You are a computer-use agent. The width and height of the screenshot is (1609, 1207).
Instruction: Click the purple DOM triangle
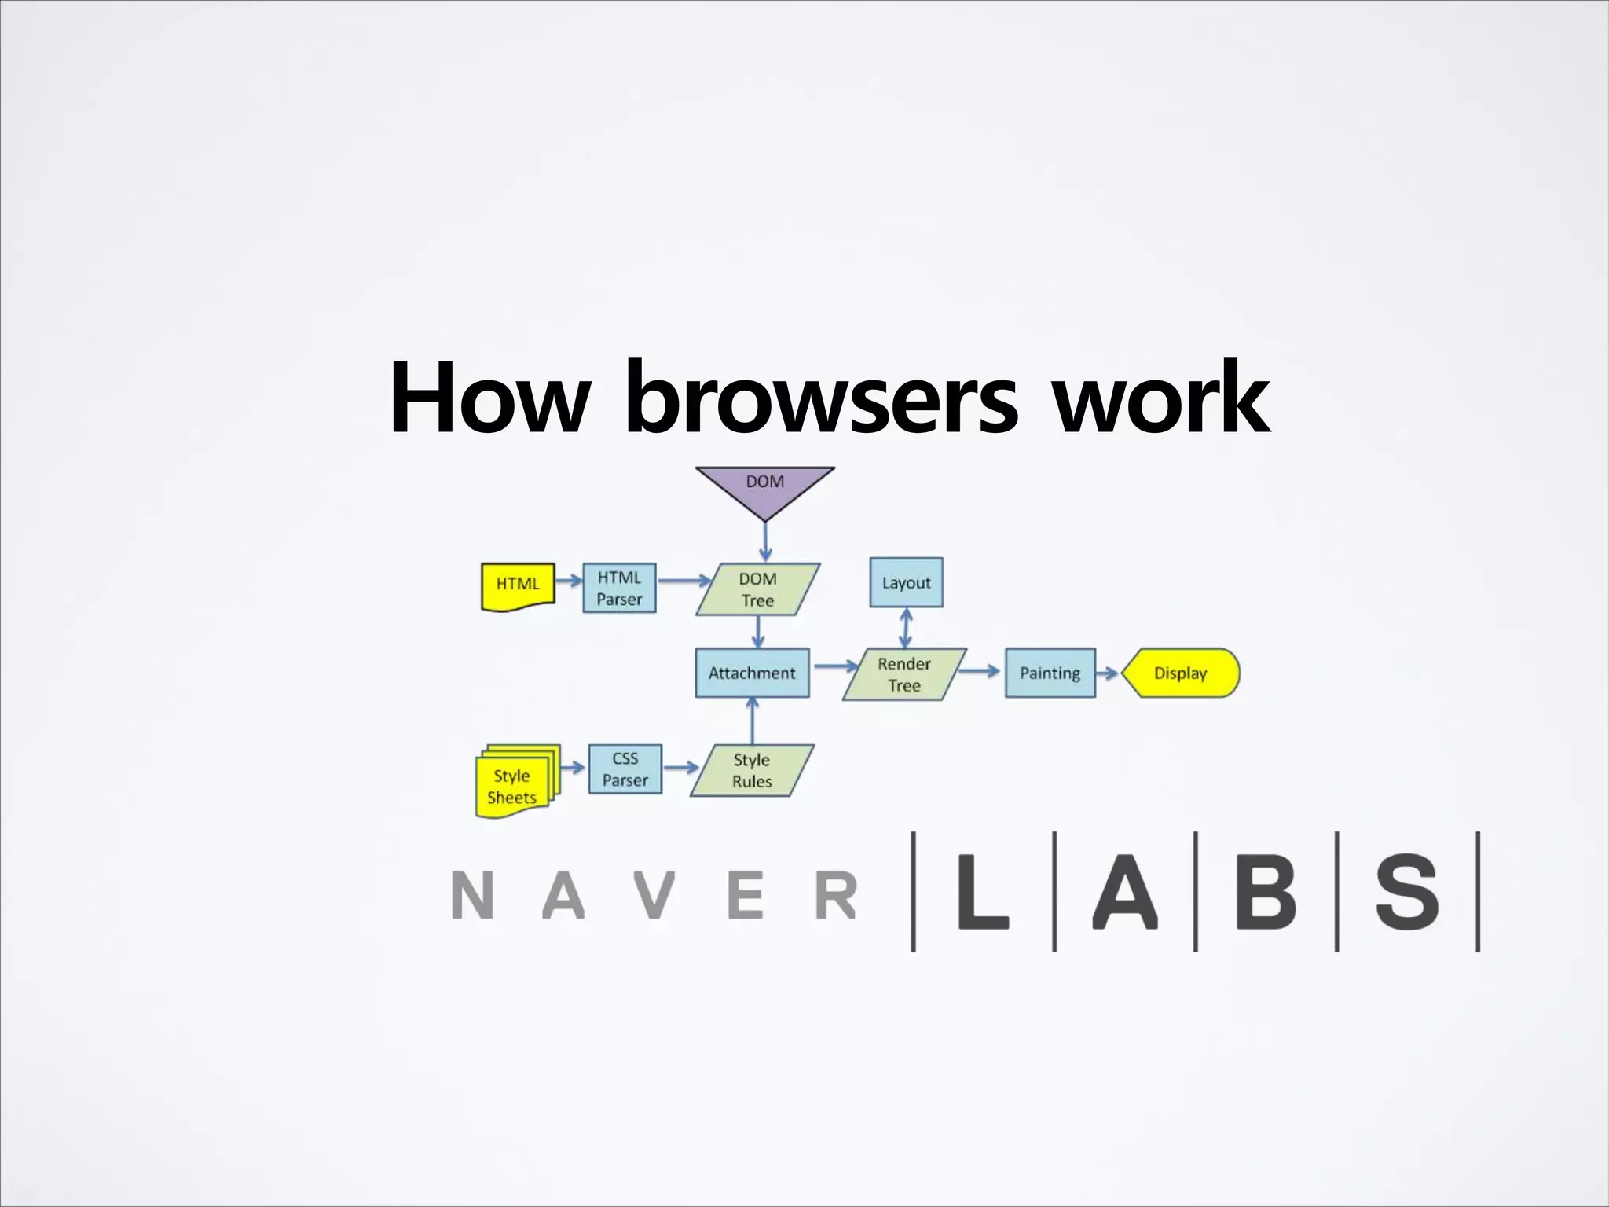click(x=764, y=487)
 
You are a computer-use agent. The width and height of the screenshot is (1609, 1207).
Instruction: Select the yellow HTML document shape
click(x=518, y=586)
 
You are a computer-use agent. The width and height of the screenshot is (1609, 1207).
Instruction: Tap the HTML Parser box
click(x=619, y=588)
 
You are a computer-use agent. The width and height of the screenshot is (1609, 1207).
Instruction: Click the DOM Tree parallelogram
click(x=757, y=589)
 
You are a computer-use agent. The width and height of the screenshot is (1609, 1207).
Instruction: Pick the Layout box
click(x=906, y=582)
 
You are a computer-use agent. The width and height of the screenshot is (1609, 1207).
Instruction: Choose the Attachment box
click(x=752, y=673)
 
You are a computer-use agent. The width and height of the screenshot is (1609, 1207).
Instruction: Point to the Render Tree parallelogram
click(x=904, y=674)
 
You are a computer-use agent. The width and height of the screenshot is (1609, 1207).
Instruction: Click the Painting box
click(x=1050, y=673)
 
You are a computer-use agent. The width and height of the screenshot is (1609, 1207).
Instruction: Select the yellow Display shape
click(x=1180, y=673)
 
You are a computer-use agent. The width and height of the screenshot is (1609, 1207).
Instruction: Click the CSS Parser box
click(x=625, y=769)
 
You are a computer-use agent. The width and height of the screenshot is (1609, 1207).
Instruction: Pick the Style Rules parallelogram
click(x=752, y=770)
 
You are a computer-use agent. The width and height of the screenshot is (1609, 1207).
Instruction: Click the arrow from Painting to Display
click(x=1107, y=673)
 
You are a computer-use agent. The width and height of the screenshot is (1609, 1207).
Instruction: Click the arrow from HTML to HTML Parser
click(x=567, y=582)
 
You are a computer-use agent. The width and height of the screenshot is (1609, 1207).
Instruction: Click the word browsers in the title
click(x=820, y=398)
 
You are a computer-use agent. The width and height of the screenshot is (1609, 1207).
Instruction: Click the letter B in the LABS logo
click(x=1265, y=892)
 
